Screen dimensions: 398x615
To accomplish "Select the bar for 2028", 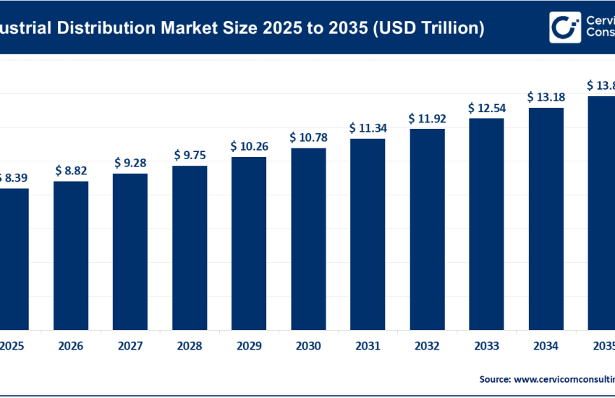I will [190, 246].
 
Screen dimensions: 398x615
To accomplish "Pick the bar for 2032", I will [427, 228].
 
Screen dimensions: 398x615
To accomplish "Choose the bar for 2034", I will [546, 218].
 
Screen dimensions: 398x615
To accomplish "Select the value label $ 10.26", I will [249, 146].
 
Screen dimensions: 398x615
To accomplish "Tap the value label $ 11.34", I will [368, 128].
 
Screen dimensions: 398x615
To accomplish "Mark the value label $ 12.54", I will [486, 108].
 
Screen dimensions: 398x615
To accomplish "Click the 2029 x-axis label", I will [249, 347].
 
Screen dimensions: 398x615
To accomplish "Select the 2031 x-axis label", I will [368, 347].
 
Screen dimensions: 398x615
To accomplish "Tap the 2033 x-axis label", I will [486, 347].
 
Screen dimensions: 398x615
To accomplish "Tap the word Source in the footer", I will [494, 378].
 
